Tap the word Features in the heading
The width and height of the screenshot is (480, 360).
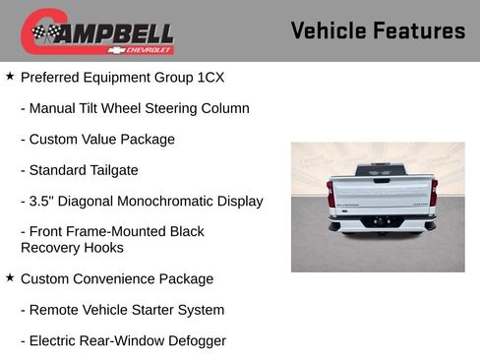[x=420, y=30]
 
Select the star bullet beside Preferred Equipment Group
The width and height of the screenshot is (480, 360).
[x=10, y=76]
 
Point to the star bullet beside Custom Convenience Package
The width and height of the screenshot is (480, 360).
[x=10, y=278]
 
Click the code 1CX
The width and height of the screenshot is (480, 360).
[x=217, y=77]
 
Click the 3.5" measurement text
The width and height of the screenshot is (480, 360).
[x=43, y=201]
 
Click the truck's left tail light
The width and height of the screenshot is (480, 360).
[x=331, y=193]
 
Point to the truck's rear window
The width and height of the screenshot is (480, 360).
[x=380, y=169]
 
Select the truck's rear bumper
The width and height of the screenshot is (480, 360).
[x=381, y=225]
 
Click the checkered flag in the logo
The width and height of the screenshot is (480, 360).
[x=45, y=32]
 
